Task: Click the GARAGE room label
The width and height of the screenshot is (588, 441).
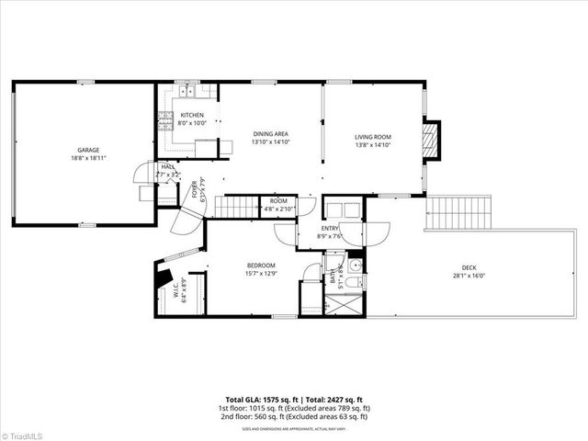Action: pyautogui.click(x=88, y=150)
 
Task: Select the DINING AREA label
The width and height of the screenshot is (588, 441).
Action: pyautogui.click(x=271, y=134)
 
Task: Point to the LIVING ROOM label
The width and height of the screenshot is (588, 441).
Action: pyautogui.click(x=373, y=134)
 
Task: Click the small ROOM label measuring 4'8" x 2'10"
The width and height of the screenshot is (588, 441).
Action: pyautogui.click(x=277, y=201)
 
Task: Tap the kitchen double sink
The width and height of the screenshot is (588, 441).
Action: pyautogui.click(x=187, y=90)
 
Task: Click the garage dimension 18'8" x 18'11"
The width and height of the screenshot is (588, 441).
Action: pyautogui.click(x=88, y=158)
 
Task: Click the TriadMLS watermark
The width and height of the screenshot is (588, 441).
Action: pyautogui.click(x=22, y=434)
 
